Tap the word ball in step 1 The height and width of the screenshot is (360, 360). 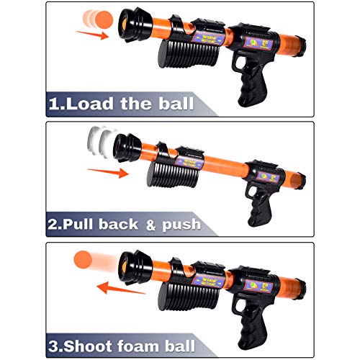coord(171,104)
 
